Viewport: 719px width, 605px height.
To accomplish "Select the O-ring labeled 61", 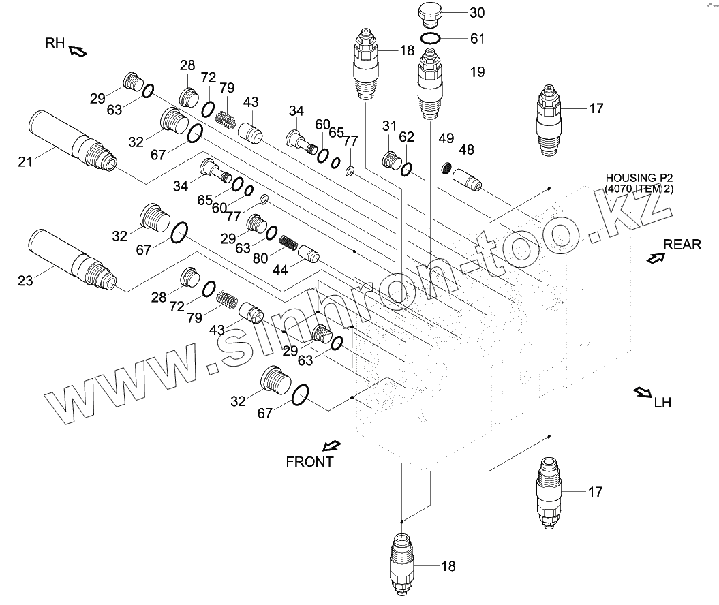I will [x=431, y=39].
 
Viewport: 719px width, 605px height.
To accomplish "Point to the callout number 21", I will [x=25, y=162].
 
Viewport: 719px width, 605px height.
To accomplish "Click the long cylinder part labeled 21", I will [x=72, y=141].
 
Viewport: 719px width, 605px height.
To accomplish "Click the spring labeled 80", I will [x=288, y=242].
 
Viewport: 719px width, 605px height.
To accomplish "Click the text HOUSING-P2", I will [x=639, y=179].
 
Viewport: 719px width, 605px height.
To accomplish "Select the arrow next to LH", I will [x=642, y=392].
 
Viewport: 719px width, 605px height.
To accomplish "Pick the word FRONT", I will [x=309, y=461].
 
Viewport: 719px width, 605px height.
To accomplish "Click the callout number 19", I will [x=477, y=72].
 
